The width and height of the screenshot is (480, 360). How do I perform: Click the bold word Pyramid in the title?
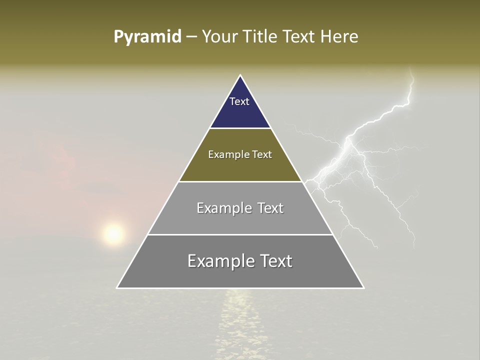147,37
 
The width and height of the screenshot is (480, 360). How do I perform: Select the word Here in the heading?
339,37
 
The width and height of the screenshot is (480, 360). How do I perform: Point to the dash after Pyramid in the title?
191,37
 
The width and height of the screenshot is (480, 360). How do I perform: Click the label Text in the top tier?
239,101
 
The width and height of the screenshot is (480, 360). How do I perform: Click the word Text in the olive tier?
262,154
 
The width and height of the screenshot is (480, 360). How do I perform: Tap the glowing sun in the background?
113,233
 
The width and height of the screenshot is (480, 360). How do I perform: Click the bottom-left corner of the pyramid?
117,288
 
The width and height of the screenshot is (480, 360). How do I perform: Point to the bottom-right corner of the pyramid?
364,288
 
